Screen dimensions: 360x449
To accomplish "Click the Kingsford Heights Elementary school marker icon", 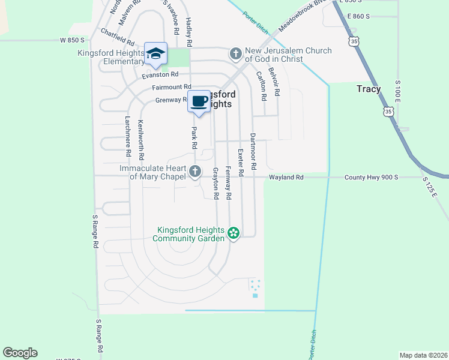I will coord(156,54).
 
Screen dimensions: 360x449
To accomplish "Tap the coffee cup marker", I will coord(199,101).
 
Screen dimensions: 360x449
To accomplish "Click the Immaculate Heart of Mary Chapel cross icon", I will coord(194,172).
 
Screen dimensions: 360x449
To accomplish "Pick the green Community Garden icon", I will coord(234,233).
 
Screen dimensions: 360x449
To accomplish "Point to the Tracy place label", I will coord(369,89).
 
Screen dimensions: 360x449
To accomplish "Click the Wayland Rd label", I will coord(286,178).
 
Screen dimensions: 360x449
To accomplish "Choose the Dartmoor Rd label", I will coord(254,150).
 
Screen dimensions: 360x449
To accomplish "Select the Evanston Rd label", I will coord(160,75).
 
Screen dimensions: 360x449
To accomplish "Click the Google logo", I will coord(20,353).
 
